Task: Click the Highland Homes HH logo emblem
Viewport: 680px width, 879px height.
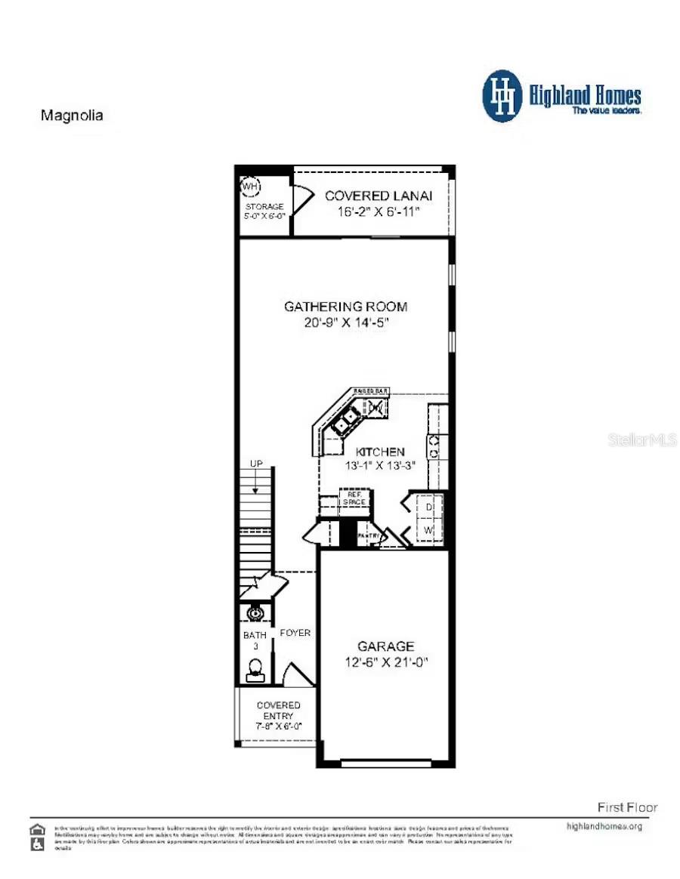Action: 502,96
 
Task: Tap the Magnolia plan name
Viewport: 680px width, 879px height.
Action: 71,116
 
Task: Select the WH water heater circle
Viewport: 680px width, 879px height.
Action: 249,186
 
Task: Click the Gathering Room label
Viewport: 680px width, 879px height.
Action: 345,307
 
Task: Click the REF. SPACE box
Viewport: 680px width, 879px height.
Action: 353,499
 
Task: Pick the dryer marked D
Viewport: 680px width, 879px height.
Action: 428,507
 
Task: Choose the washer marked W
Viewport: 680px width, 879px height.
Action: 428,531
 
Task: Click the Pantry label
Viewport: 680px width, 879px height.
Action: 368,535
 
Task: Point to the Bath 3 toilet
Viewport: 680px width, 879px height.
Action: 255,668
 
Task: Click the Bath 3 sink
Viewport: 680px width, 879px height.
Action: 255,612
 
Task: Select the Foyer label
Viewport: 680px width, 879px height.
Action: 295,633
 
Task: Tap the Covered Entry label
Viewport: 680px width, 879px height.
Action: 278,710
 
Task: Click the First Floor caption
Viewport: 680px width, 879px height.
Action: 627,807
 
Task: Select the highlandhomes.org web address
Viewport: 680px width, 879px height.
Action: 604,826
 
